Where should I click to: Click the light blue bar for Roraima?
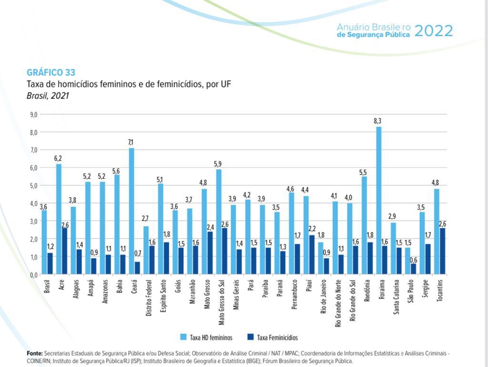(x=378, y=200)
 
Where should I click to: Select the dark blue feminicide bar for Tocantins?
(x=442, y=251)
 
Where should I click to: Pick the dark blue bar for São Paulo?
(x=413, y=269)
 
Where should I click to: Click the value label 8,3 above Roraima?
(x=378, y=121)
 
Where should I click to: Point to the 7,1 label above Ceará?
(x=131, y=143)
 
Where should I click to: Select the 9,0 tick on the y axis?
(x=34, y=114)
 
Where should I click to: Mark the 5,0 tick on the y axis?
(x=34, y=186)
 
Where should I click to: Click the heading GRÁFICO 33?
(x=51, y=73)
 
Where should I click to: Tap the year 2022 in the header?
(x=433, y=31)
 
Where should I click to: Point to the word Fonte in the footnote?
(x=34, y=354)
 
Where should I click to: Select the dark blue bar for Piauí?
(x=312, y=255)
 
